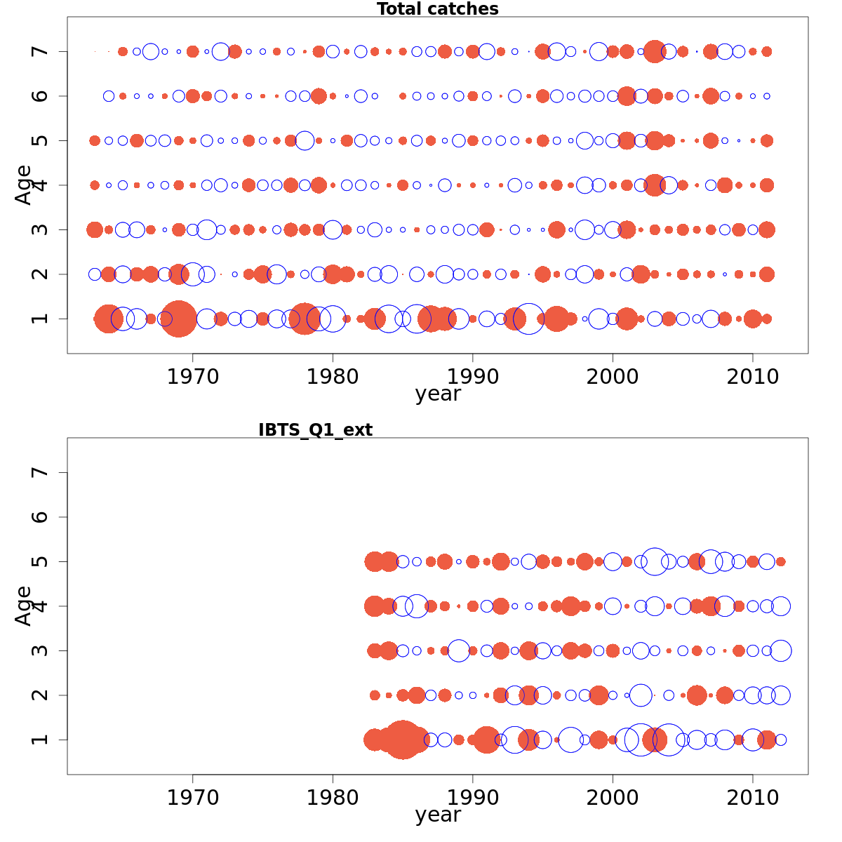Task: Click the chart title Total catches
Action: point(437,9)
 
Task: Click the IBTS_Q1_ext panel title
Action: point(315,430)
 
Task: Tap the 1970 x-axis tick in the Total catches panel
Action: point(192,377)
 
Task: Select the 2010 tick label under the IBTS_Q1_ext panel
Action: point(752,798)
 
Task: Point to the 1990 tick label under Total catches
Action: point(472,377)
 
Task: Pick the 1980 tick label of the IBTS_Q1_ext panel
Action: point(333,798)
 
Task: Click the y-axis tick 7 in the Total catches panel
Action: point(41,51)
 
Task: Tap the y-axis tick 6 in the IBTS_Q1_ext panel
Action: point(41,517)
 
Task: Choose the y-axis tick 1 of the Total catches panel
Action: point(41,319)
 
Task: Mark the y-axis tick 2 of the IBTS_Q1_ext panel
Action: point(41,695)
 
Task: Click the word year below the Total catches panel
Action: point(438,394)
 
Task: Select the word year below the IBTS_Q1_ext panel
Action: point(438,815)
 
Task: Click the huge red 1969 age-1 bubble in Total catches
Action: point(178,319)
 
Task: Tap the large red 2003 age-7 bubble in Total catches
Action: point(655,51)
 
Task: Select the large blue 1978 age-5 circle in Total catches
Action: point(305,140)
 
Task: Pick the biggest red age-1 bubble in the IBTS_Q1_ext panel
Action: point(402,740)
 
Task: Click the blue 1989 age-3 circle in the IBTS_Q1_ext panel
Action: point(458,650)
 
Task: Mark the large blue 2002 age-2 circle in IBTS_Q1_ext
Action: point(641,695)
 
